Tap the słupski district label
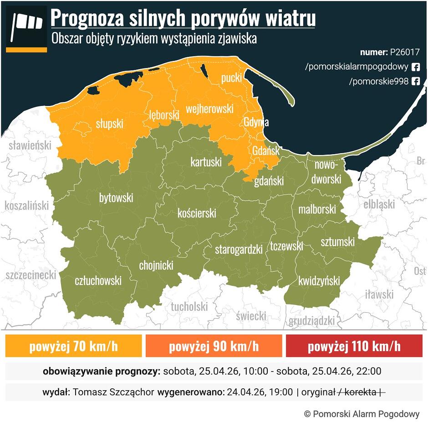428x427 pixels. click(109, 123)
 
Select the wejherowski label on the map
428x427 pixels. click(209, 109)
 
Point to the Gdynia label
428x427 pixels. click(255, 122)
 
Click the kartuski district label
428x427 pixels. click(206, 161)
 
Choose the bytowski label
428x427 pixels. click(116, 198)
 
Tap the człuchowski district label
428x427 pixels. click(98, 281)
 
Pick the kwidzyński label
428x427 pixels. click(319, 281)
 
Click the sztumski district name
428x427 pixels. click(337, 241)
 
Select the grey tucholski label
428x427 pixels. click(189, 306)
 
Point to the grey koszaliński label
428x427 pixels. click(26, 206)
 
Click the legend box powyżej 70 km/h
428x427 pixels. click(73, 347)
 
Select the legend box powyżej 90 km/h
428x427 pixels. click(214, 347)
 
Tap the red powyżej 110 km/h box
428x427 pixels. click(354, 347)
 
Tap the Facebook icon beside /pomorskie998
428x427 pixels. click(415, 81)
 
